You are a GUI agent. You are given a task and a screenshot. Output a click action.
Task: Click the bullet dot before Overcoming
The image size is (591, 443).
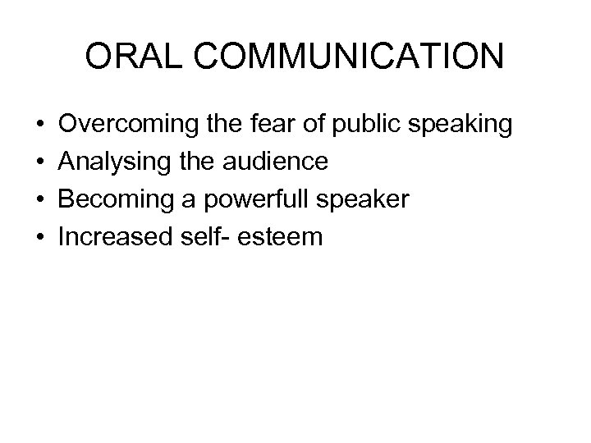(40, 126)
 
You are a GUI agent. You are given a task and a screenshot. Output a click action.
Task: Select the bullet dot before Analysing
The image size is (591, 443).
(40, 162)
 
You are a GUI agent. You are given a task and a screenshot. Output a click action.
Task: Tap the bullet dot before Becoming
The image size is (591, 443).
(40, 200)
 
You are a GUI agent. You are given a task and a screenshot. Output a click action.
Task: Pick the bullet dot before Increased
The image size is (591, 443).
(40, 237)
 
